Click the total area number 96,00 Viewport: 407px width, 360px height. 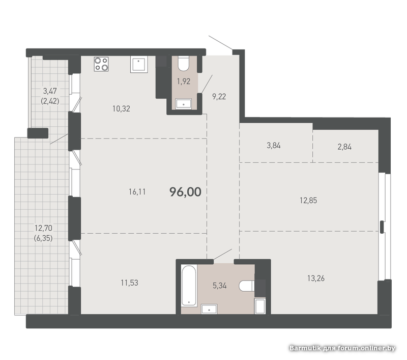click(x=185, y=192)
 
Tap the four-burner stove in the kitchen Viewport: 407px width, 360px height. click(x=101, y=64)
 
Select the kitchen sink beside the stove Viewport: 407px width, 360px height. click(x=139, y=65)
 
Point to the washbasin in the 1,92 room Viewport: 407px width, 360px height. click(x=184, y=104)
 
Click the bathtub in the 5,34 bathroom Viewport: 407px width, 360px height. click(x=189, y=286)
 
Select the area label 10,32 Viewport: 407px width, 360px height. click(x=121, y=108)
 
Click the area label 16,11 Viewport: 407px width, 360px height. click(x=137, y=192)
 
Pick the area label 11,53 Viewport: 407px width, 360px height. click(x=130, y=283)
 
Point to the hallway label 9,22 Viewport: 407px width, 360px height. click(x=219, y=97)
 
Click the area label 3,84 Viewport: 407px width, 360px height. click(x=274, y=146)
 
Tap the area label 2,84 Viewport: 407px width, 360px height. click(x=344, y=147)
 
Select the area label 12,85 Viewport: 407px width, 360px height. click(x=308, y=201)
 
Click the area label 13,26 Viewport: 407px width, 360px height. click(x=316, y=279)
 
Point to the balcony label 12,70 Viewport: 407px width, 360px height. click(x=44, y=228)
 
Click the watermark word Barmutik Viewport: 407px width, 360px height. click(x=305, y=348)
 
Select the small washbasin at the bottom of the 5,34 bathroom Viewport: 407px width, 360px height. click(x=209, y=309)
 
